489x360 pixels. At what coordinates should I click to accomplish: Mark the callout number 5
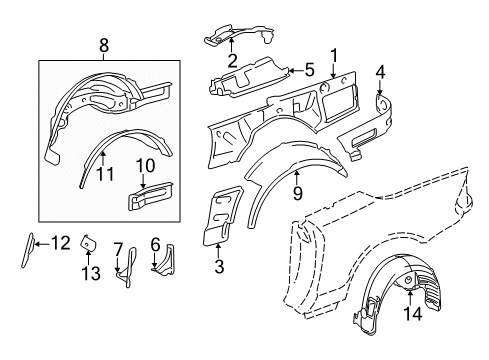(x=309, y=71)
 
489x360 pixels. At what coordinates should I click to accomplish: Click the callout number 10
(x=142, y=165)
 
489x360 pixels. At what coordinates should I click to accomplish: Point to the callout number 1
(x=334, y=55)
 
